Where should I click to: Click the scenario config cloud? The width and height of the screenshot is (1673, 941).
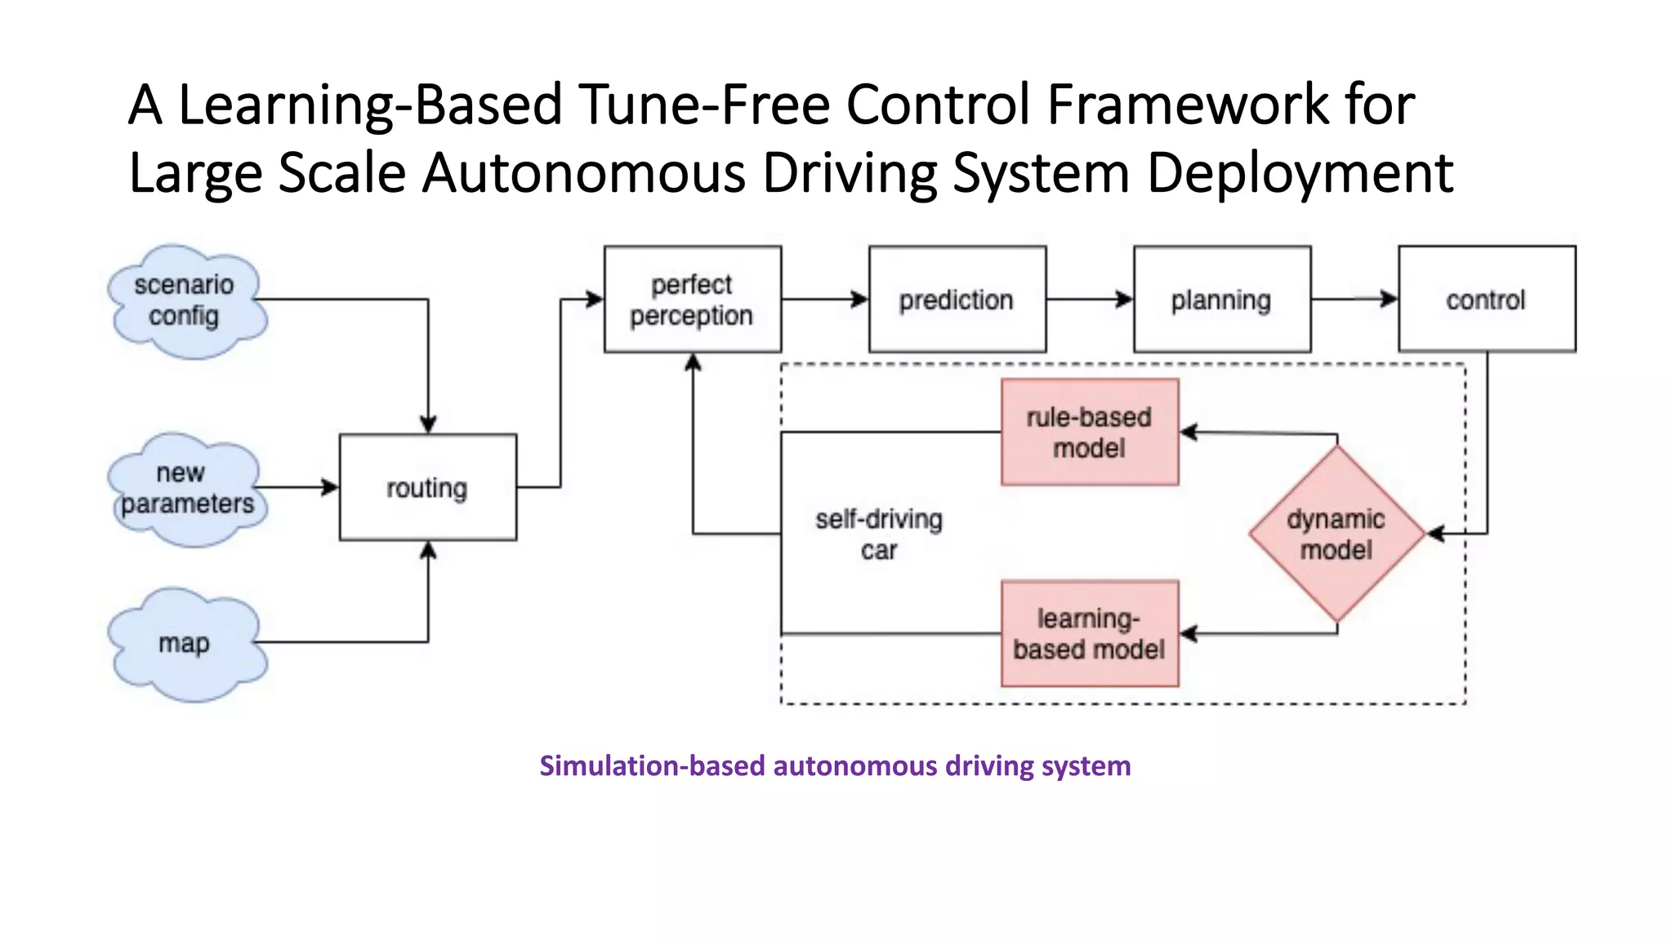click(186, 301)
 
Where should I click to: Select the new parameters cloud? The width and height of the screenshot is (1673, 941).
click(186, 488)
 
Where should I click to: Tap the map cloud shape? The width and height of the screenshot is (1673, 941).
click(186, 644)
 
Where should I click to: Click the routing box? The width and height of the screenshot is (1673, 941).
click(427, 488)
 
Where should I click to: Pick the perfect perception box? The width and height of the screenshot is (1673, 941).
click(692, 300)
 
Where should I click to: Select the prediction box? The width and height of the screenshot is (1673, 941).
click(957, 300)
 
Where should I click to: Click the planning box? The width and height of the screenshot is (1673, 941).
click(1221, 300)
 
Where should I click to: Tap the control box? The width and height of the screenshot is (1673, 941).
click(1486, 300)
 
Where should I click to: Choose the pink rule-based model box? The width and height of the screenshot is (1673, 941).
click(1089, 432)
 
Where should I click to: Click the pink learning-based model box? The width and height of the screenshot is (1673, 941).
click(1089, 634)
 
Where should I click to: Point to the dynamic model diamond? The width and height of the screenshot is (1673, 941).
click(1336, 533)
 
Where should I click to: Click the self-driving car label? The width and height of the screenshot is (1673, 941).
click(879, 534)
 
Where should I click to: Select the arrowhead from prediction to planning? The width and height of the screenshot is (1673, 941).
click(1126, 300)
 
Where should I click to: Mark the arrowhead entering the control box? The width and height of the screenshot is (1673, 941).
click(1390, 300)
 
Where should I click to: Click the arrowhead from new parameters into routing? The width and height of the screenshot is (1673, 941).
click(331, 488)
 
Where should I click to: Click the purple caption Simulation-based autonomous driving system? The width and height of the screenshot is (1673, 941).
click(835, 765)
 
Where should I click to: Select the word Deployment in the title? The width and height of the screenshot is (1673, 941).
click(1300, 173)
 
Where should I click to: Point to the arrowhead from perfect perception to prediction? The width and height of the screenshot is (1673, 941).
click(860, 300)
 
